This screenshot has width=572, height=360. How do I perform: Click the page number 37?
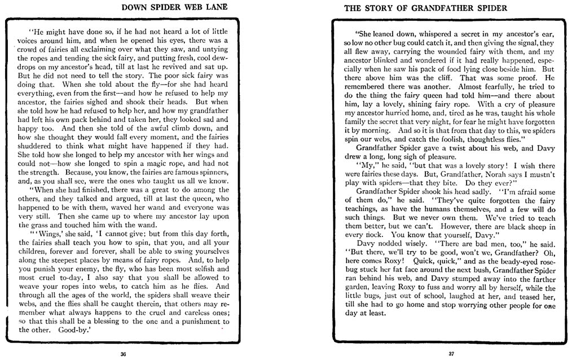[x=451, y=354]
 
